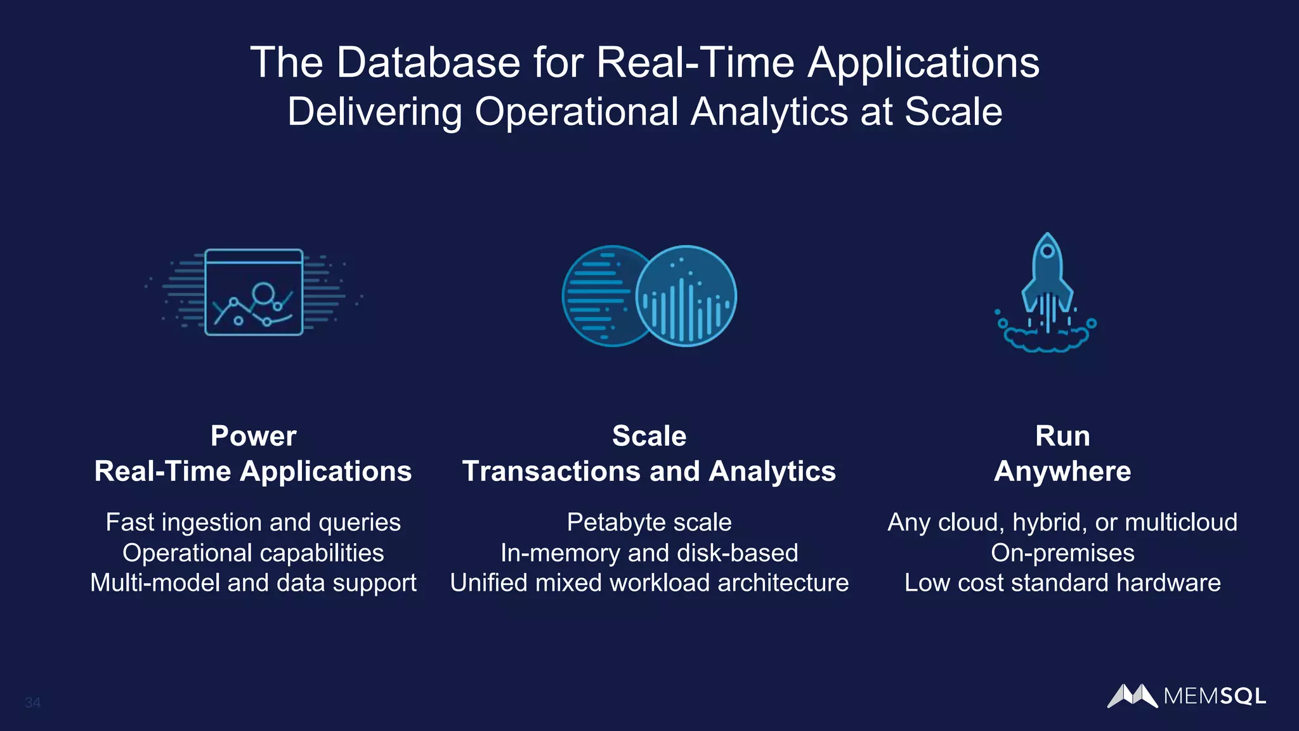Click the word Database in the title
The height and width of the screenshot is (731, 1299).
tap(428, 63)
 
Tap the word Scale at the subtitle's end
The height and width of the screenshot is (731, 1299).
tap(953, 112)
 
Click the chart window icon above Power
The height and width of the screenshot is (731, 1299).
tap(254, 292)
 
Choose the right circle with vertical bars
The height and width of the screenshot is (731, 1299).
tap(687, 296)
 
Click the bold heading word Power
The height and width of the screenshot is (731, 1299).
tap(253, 436)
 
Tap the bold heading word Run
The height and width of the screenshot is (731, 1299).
tap(1062, 436)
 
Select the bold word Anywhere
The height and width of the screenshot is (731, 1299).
tap(1062, 471)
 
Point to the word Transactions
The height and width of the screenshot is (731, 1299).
tap(551, 471)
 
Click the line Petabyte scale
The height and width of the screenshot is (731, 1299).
tap(649, 522)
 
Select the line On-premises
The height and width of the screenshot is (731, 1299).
tap(1062, 553)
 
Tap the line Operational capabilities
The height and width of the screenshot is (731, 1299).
tap(253, 553)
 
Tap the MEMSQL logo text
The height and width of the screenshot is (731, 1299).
tap(1215, 696)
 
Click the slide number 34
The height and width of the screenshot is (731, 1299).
tap(32, 702)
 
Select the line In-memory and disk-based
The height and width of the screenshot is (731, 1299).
tap(649, 553)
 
